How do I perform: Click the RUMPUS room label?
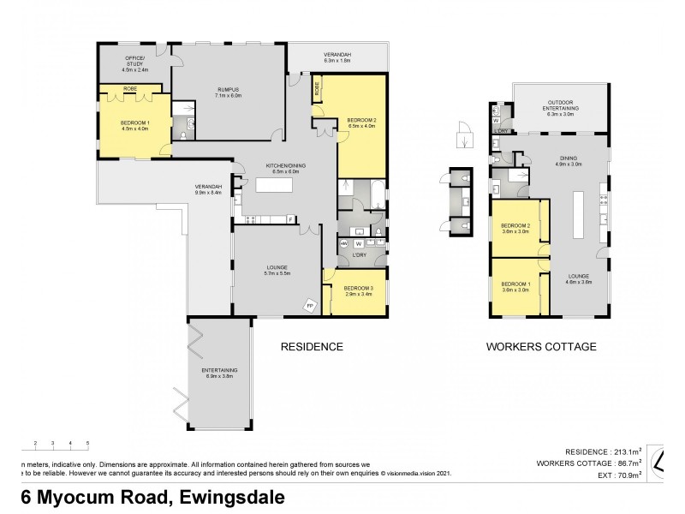tap(227, 89)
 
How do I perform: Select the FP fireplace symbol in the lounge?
tap(310, 305)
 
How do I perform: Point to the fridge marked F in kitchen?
tap(291, 220)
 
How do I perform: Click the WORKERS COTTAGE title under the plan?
tap(541, 347)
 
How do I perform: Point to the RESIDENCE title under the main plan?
tap(313, 347)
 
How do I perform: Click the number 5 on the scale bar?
tap(88, 443)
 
